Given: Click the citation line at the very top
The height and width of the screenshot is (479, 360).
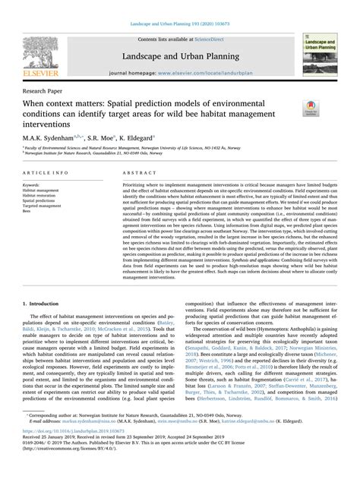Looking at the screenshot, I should [180, 7].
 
